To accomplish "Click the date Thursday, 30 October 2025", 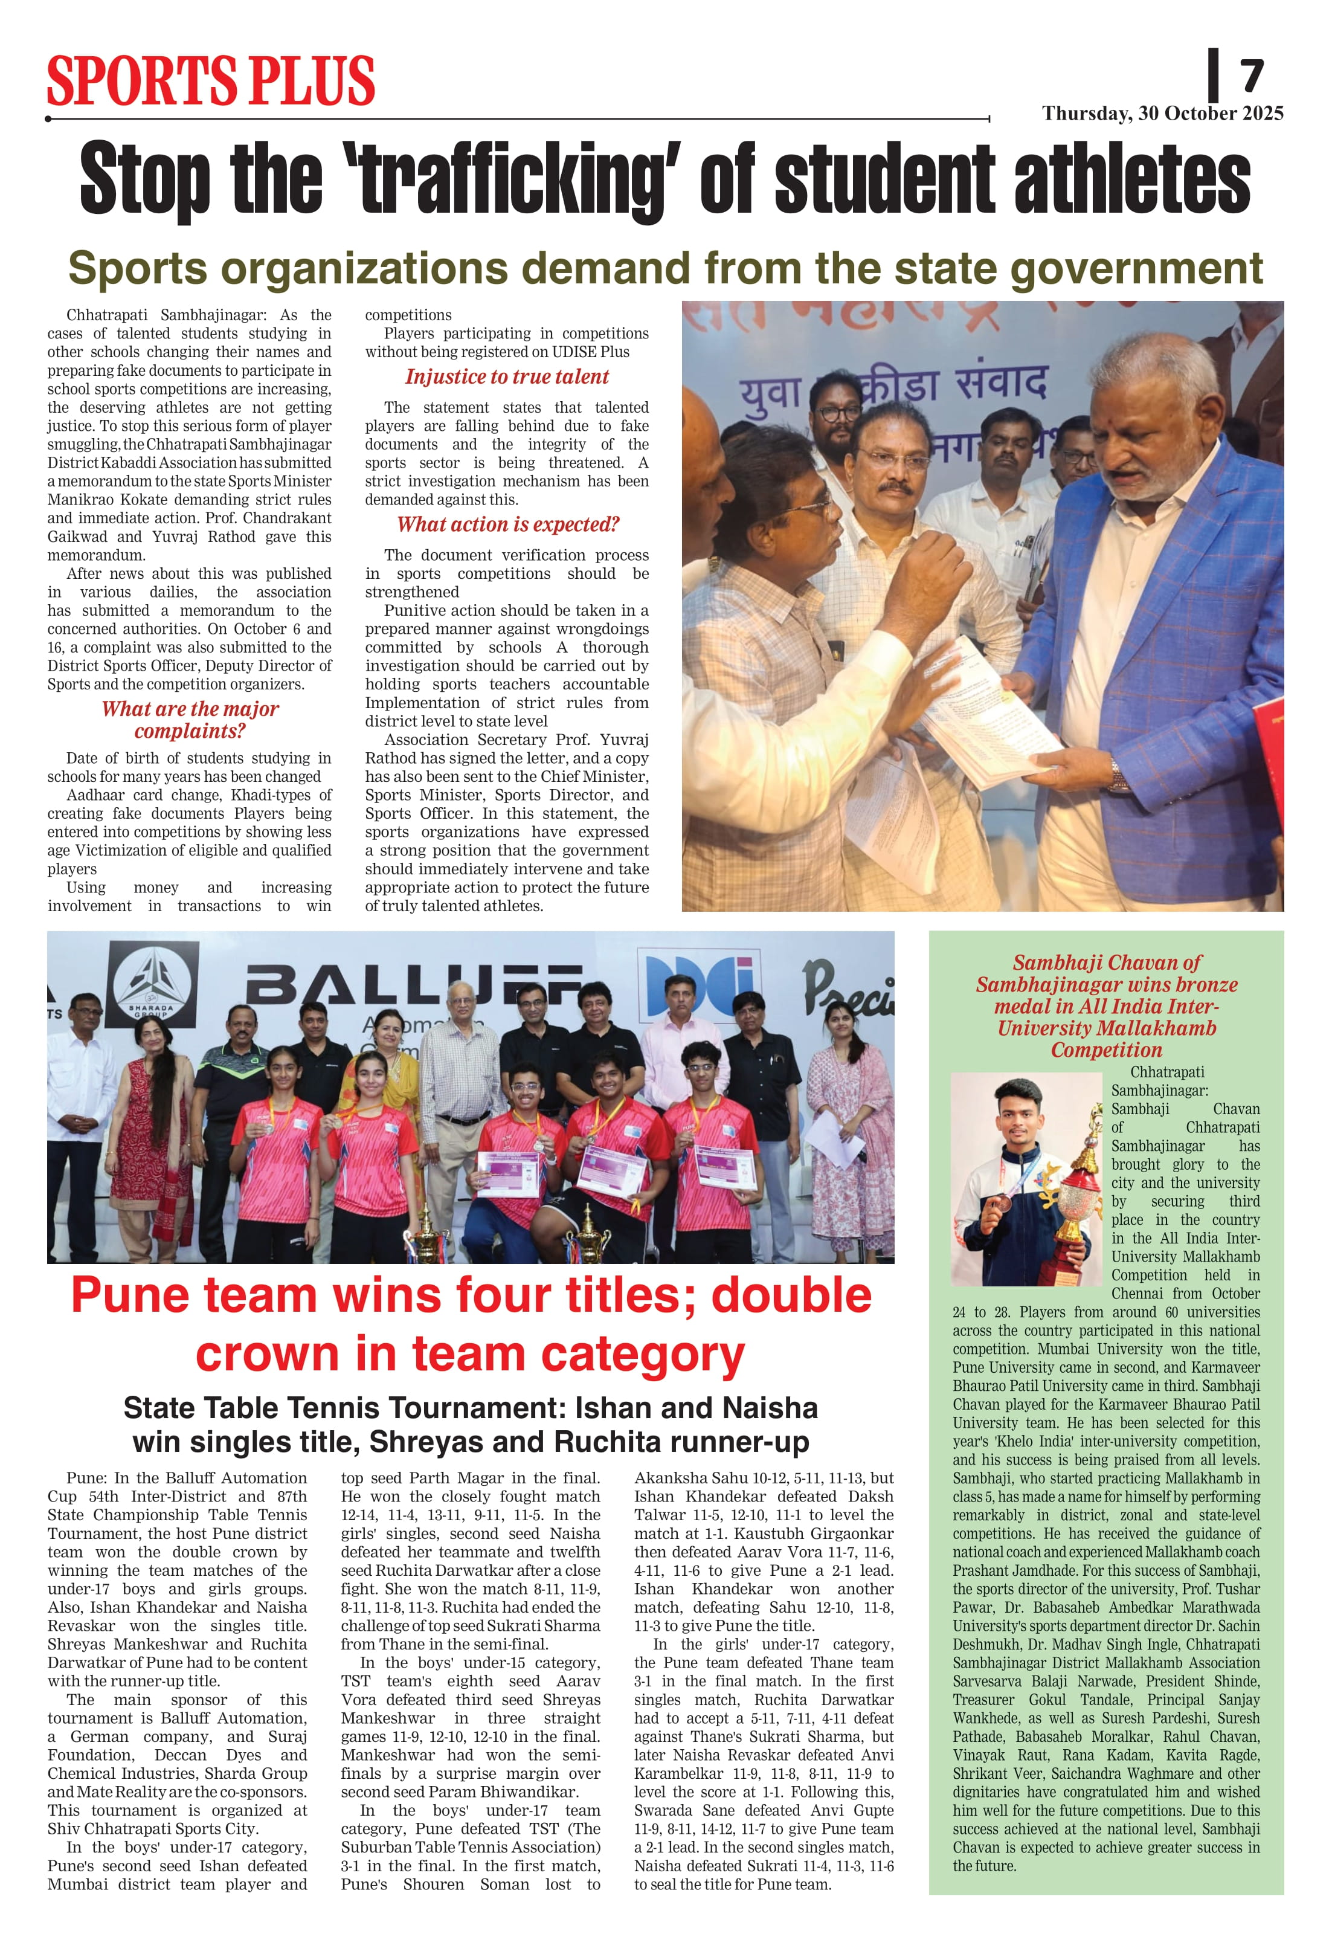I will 1162,114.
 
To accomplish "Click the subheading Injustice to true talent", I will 507,377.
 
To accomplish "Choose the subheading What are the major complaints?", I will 190,720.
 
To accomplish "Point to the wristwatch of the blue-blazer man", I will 1118,773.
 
